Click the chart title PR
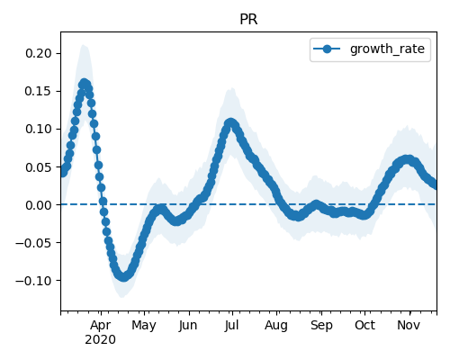[248, 20]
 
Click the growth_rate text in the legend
[387, 49]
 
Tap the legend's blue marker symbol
[327, 49]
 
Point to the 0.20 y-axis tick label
[39, 53]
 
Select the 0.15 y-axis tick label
[39, 91]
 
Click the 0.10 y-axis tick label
[39, 129]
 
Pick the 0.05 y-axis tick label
[39, 167]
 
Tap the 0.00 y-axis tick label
[39, 205]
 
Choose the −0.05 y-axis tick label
[33, 243]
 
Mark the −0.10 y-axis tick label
[33, 281]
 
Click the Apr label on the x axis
[101, 326]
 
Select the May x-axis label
[144, 326]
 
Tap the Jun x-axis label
[188, 326]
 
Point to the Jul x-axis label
[232, 326]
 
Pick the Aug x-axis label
[276, 326]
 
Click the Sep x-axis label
[321, 326]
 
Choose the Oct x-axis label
[364, 326]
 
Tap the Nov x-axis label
[409, 326]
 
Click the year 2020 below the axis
[100, 340]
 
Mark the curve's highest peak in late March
[85, 83]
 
